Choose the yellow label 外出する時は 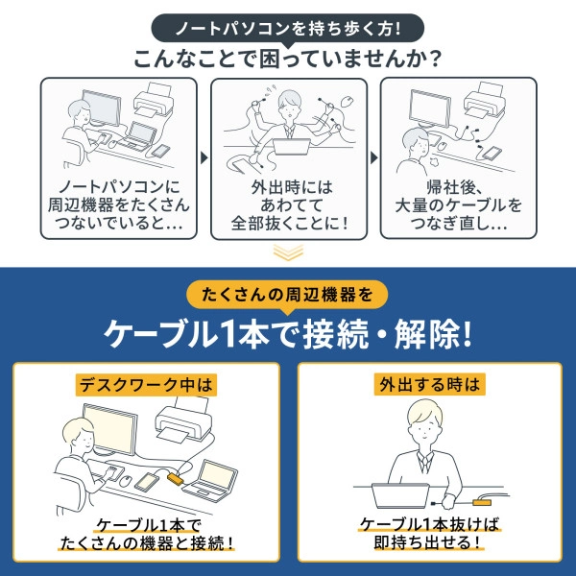429,385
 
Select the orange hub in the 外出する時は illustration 482,501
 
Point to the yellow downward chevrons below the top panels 288,252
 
